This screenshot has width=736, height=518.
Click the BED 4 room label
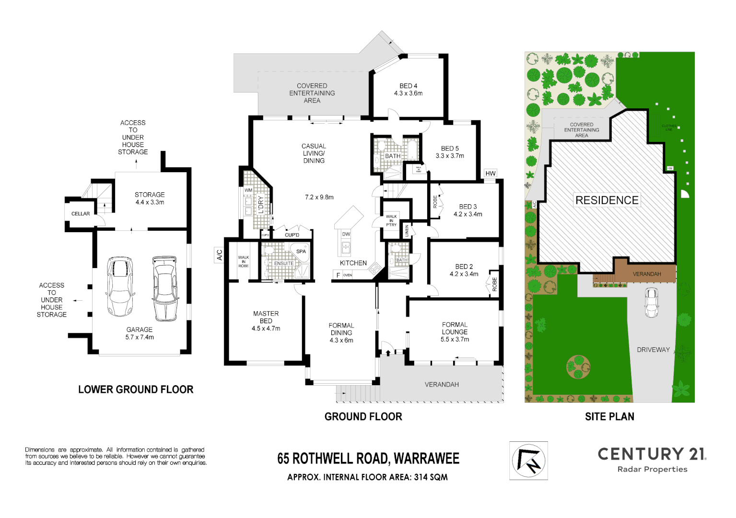[x=408, y=86]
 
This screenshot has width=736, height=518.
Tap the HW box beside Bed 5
[x=490, y=174]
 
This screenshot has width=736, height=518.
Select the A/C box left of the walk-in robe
[x=220, y=255]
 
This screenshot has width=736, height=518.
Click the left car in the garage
[x=119, y=287]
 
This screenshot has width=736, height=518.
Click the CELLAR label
[x=81, y=214]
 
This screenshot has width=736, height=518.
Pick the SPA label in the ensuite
[x=301, y=251]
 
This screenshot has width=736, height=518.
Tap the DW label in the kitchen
[x=346, y=235]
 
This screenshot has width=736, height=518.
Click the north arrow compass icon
[x=528, y=460]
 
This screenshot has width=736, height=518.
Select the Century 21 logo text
[x=652, y=454]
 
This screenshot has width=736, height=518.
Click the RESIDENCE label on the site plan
[x=607, y=200]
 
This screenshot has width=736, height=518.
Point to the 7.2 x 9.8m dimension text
[x=319, y=197]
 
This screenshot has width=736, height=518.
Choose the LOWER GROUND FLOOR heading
[x=136, y=389]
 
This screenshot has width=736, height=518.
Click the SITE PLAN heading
[x=609, y=417]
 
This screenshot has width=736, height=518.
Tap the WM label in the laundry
[x=248, y=190]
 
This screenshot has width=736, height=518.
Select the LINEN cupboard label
[x=407, y=231]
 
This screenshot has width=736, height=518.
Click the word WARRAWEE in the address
[x=426, y=459]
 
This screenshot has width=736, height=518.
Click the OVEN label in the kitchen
[x=348, y=275]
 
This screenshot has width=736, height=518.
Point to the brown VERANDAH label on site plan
[x=647, y=274]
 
